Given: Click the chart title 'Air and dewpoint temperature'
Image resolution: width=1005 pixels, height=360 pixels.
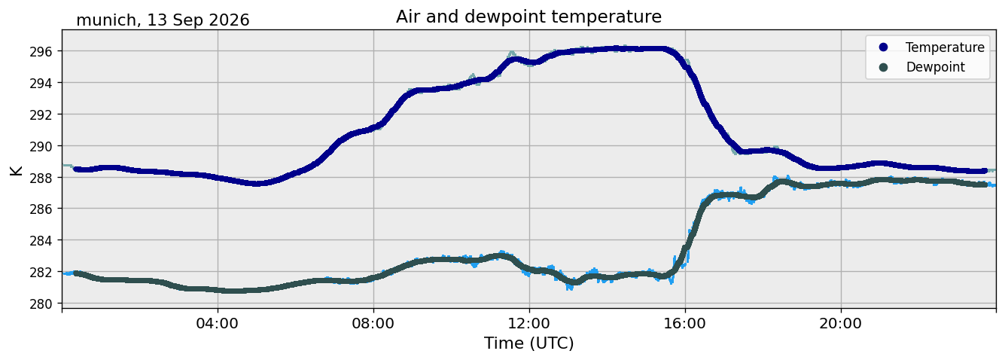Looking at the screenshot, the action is (x=528, y=17).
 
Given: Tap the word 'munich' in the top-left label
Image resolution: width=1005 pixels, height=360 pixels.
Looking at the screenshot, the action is (x=105, y=20).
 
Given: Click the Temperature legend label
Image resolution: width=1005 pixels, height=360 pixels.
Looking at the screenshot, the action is (x=945, y=47).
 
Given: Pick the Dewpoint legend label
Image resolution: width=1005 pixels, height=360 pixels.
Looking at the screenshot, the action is (x=936, y=67).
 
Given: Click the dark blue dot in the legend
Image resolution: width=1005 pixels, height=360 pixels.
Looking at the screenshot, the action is (x=883, y=47).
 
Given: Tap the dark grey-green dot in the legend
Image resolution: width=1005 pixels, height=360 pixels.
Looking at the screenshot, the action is (x=883, y=67).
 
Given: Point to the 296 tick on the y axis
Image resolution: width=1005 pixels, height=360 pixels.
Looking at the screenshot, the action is (x=41, y=52).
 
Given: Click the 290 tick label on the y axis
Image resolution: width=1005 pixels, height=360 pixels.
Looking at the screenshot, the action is (x=41, y=146).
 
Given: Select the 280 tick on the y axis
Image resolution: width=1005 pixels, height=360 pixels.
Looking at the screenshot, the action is (x=41, y=304).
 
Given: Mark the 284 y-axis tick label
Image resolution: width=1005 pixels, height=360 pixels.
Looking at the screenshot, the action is (x=41, y=241).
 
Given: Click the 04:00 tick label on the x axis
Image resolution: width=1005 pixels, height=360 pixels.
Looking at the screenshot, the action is (x=218, y=323).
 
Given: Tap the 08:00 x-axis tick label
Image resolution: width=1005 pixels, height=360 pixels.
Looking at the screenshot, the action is (x=373, y=323).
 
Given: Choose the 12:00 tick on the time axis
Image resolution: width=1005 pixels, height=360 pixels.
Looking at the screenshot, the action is (x=529, y=323).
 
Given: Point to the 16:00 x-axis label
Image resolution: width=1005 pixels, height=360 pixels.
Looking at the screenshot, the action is (x=685, y=323).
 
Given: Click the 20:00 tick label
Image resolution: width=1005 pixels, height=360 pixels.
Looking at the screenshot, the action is (x=841, y=323).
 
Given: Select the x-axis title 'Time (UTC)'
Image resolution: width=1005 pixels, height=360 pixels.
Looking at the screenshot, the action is (x=529, y=343).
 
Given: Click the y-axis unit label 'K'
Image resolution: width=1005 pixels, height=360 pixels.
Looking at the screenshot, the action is (x=16, y=170).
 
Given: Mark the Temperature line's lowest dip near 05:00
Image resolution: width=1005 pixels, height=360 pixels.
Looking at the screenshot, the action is (x=256, y=183).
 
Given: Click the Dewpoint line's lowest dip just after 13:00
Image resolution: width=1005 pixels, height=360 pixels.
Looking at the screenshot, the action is (x=574, y=282).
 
